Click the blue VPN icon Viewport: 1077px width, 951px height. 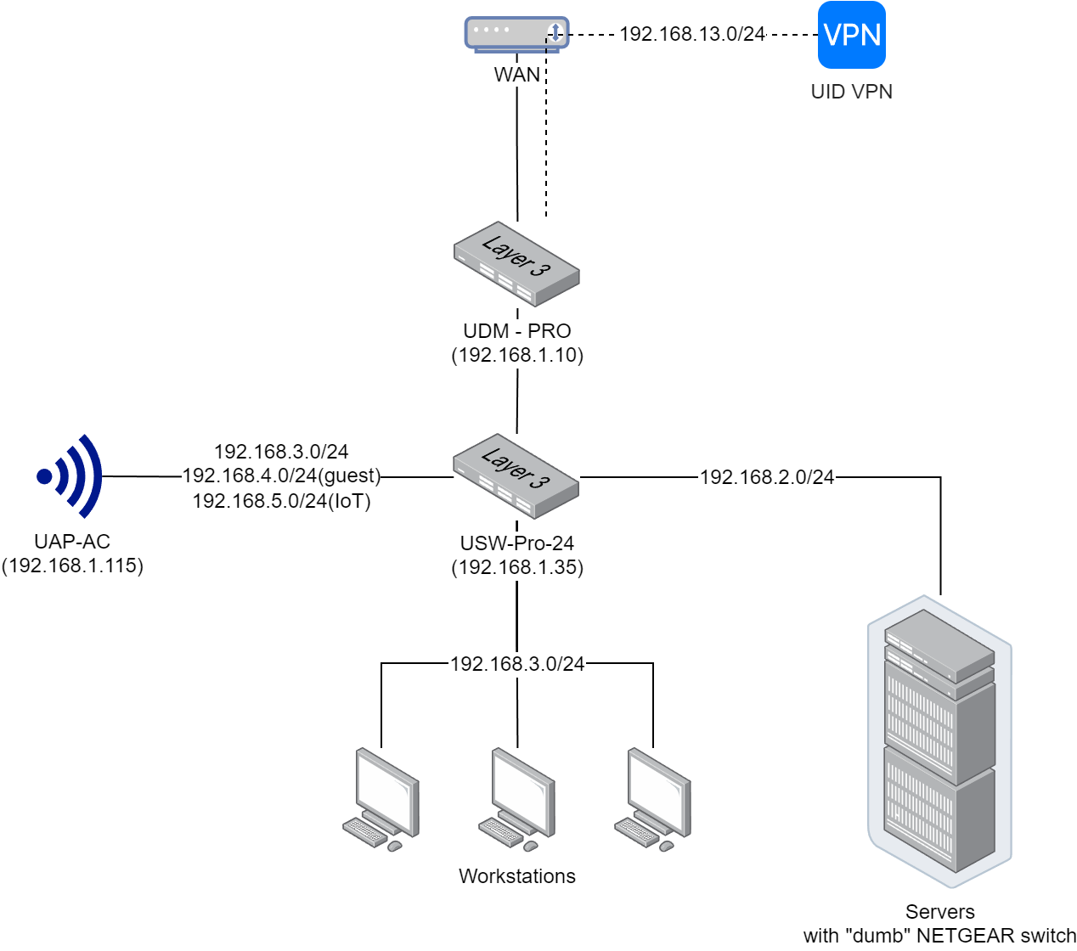851,35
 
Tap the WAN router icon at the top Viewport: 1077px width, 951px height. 516,34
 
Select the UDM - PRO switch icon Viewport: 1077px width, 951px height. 516,264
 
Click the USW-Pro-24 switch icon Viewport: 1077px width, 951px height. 516,476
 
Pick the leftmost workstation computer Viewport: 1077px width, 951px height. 381,799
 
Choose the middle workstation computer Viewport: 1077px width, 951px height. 517,799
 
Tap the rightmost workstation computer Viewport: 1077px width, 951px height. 653,799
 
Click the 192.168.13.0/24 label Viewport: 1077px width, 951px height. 692,34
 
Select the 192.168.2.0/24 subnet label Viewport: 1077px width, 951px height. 767,477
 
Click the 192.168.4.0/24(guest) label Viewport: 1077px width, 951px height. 282,475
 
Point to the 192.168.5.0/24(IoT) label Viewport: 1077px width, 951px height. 282,501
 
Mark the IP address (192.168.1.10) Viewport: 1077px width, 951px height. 517,355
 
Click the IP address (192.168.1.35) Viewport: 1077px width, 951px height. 517,567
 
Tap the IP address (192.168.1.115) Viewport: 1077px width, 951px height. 73,566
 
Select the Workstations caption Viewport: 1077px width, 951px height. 517,876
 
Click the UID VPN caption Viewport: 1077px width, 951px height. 852,92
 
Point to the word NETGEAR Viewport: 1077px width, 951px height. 966,936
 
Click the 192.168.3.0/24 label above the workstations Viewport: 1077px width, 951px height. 517,664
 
